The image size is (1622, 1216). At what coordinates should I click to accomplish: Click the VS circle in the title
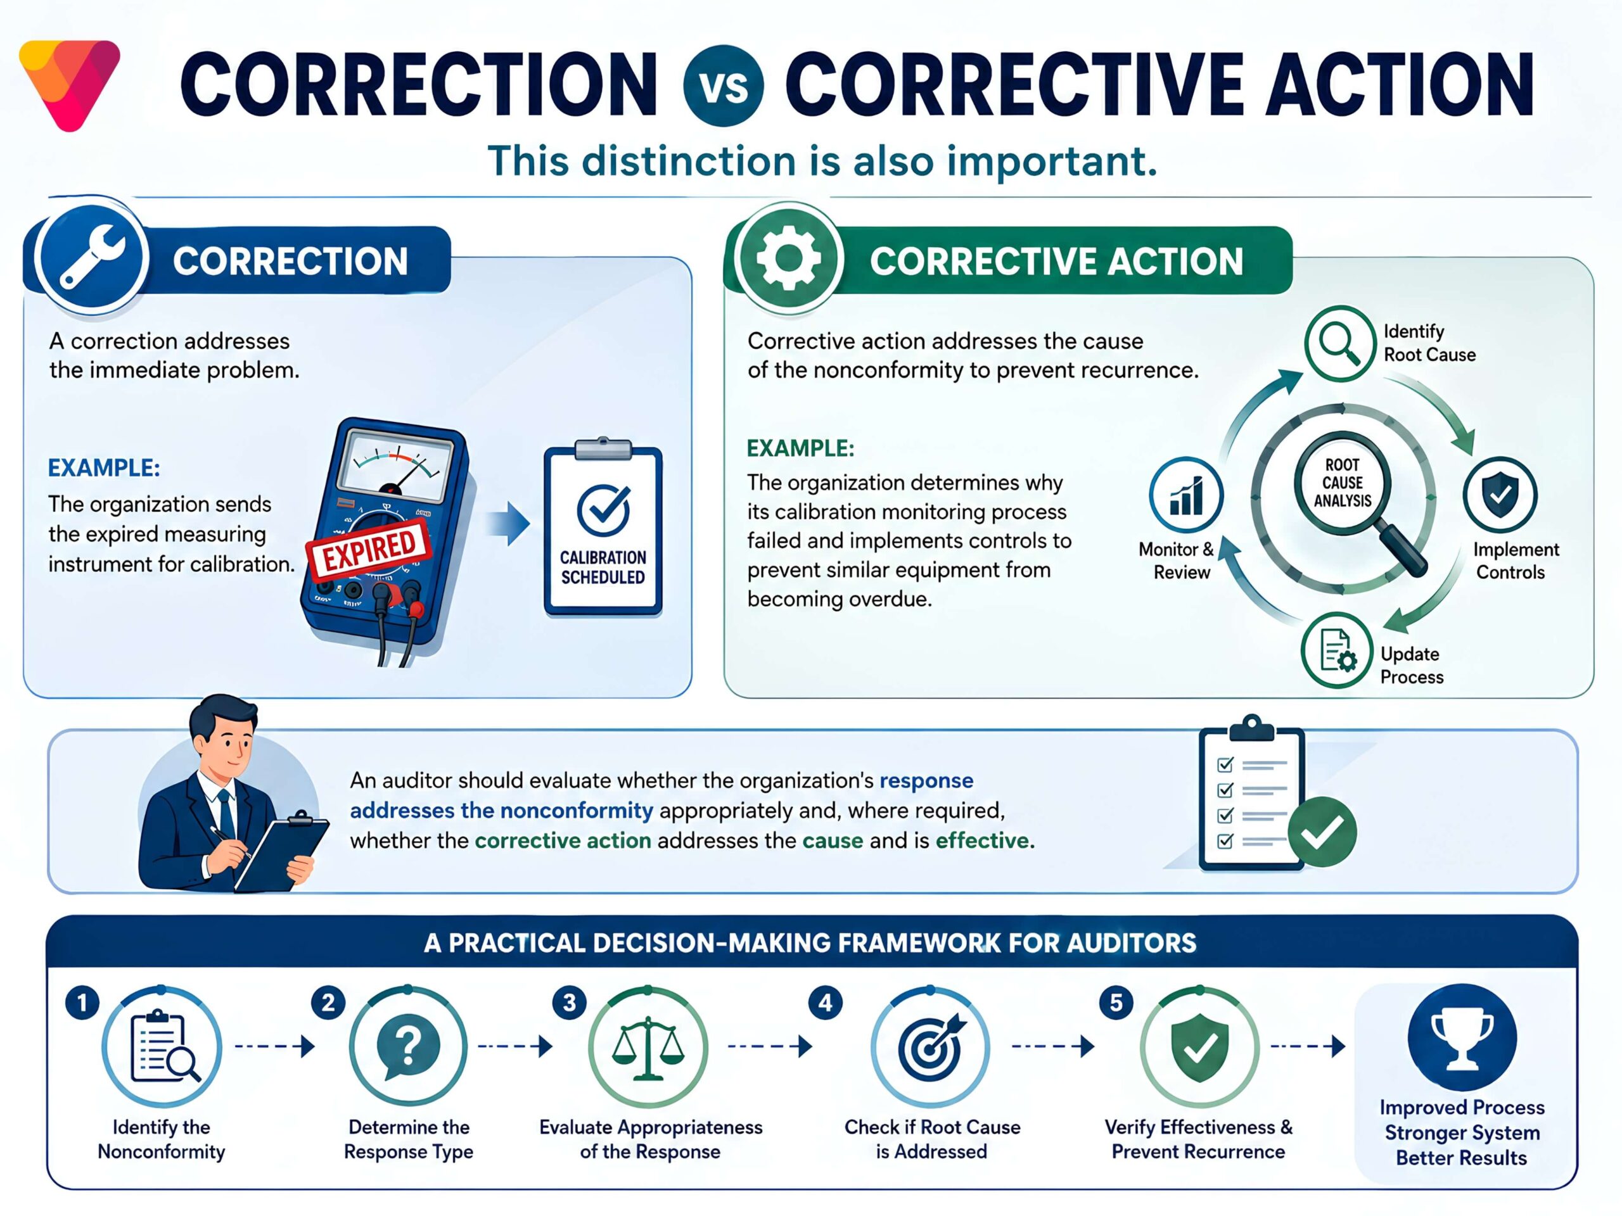[x=723, y=85]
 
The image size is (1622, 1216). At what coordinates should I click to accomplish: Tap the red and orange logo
[x=70, y=85]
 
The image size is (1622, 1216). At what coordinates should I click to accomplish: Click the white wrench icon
[x=93, y=256]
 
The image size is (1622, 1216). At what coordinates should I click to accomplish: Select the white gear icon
[x=788, y=257]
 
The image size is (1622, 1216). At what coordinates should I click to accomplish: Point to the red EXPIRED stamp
[x=368, y=550]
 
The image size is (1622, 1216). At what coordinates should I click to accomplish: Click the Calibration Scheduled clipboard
[x=603, y=526]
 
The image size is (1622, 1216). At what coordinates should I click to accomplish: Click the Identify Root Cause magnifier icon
[x=1339, y=344]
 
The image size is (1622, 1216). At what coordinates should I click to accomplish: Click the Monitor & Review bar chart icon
[x=1185, y=495]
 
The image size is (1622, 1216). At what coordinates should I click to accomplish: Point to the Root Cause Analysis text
[x=1342, y=483]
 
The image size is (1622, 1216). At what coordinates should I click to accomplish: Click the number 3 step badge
[x=569, y=1002]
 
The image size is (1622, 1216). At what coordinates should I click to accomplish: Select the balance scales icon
[x=648, y=1048]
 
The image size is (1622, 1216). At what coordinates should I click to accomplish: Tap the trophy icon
[x=1462, y=1038]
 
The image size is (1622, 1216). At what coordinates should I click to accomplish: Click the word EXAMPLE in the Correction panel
[x=104, y=467]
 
